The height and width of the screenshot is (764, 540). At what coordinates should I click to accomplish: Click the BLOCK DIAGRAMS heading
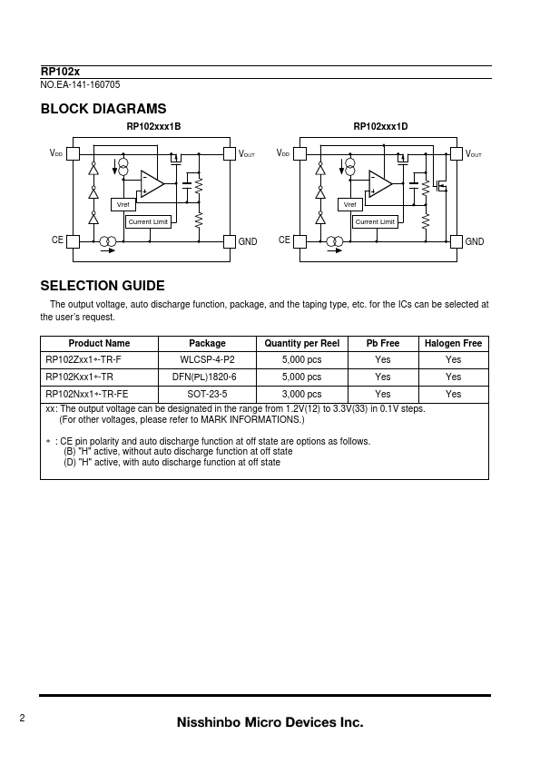point(103,109)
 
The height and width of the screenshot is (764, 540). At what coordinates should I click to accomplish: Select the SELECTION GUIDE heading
point(103,286)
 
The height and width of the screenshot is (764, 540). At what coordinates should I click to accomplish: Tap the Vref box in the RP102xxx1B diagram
point(123,205)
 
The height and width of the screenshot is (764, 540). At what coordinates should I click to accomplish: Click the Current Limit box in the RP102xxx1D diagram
point(375,221)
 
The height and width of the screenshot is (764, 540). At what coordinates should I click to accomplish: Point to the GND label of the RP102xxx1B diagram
point(248,241)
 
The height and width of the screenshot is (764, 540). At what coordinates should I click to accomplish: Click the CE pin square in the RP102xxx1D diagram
point(299,241)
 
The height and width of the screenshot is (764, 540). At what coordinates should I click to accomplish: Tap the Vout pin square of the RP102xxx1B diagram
point(230,154)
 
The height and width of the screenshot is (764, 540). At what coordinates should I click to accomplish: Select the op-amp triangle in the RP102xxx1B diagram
point(152,184)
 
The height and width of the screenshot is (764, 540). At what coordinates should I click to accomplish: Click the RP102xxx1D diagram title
point(380,127)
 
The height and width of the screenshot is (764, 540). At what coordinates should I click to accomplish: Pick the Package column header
point(207,344)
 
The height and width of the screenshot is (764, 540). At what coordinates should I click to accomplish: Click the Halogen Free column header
point(453,344)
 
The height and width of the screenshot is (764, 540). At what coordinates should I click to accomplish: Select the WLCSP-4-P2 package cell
point(207,360)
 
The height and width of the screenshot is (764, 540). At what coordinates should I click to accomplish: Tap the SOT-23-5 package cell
point(207,394)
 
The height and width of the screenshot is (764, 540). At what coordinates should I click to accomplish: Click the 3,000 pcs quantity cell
point(301,394)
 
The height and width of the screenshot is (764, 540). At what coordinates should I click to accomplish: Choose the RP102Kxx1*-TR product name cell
point(80,377)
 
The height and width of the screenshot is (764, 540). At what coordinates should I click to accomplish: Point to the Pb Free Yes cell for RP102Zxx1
point(383,360)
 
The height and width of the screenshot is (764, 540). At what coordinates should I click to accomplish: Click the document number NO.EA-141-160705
point(80,84)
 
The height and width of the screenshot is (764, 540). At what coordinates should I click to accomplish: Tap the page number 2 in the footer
point(22,718)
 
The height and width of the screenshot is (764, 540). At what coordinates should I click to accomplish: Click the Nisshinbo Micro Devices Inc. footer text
point(270,722)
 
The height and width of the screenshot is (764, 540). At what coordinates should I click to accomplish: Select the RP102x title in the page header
point(60,72)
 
